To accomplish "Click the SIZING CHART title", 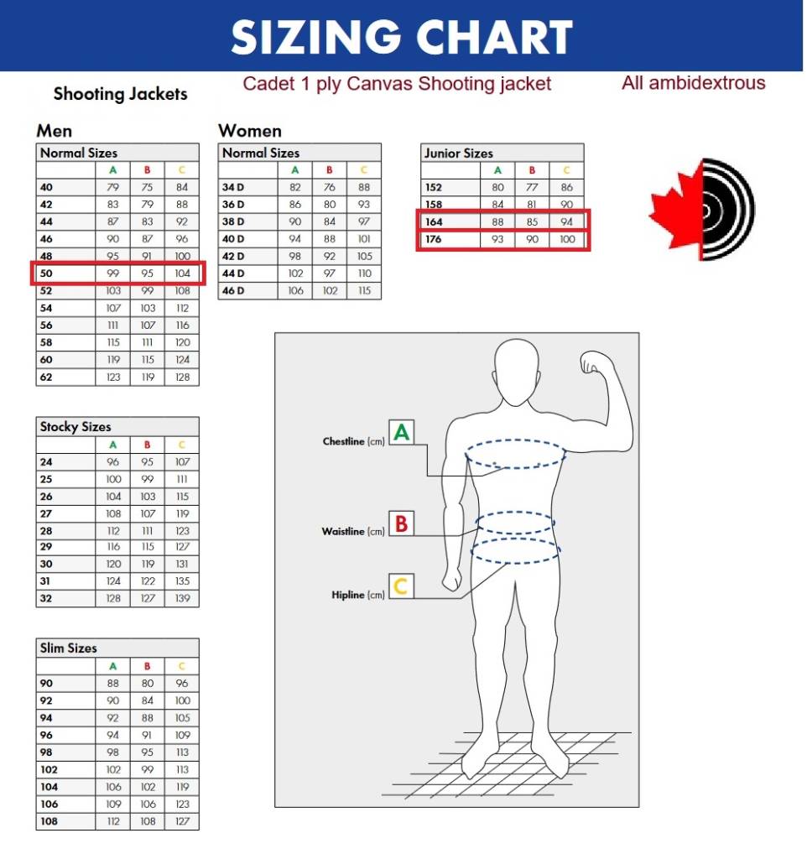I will (x=402, y=37).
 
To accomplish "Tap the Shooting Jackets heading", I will (x=120, y=94).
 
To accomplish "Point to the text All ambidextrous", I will (x=693, y=83).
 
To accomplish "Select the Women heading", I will (x=250, y=131).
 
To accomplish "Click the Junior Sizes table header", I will (x=458, y=154).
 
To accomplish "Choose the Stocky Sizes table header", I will (x=75, y=427).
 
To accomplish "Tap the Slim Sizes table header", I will (x=69, y=648).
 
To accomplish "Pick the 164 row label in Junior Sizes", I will (x=434, y=222).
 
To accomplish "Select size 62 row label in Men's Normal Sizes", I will (x=46, y=377).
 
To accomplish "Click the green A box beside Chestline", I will (x=402, y=433).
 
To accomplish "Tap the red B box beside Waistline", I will (x=401, y=523).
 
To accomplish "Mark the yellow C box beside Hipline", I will (x=401, y=586).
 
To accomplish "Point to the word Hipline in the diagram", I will (x=348, y=596).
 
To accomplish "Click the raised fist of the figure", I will (x=596, y=363).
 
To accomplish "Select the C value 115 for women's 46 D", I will (x=364, y=291).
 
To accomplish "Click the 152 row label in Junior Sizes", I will (x=434, y=188).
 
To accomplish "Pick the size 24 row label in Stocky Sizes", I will (x=46, y=462).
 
